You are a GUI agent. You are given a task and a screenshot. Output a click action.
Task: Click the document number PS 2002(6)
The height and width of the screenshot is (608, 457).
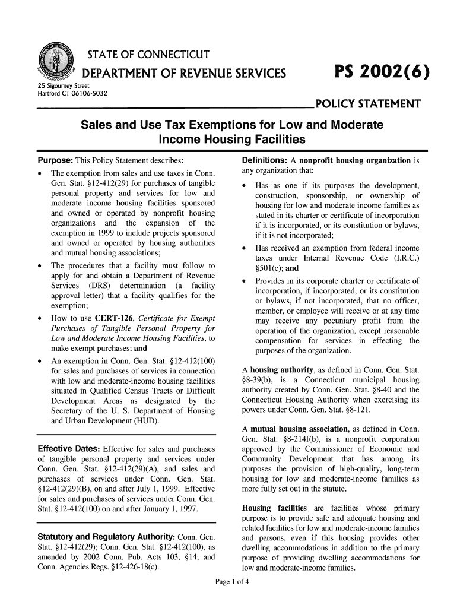click(x=377, y=73)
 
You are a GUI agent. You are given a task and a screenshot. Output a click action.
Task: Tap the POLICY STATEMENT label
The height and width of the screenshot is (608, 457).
click(x=369, y=105)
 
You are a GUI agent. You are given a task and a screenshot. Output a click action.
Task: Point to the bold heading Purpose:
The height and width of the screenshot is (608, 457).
click(x=55, y=161)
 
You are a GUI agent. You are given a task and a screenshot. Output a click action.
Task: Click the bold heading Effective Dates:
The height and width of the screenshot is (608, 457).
click(x=68, y=448)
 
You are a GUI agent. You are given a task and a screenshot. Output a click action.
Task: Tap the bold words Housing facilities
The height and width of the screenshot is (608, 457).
click(x=274, y=508)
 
